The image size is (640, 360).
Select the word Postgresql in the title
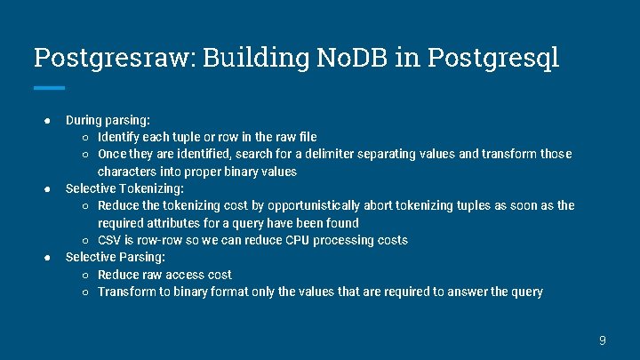[x=493, y=58]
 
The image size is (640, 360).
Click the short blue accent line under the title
[x=49, y=88]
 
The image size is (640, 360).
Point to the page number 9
[x=603, y=340]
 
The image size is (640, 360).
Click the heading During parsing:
[x=108, y=119]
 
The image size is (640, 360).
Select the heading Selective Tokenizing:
[x=124, y=188]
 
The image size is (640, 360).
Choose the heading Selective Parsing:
[x=115, y=257]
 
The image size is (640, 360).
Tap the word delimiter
[x=340, y=154]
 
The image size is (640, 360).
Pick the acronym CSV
[x=110, y=240]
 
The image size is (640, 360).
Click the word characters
[x=126, y=172]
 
